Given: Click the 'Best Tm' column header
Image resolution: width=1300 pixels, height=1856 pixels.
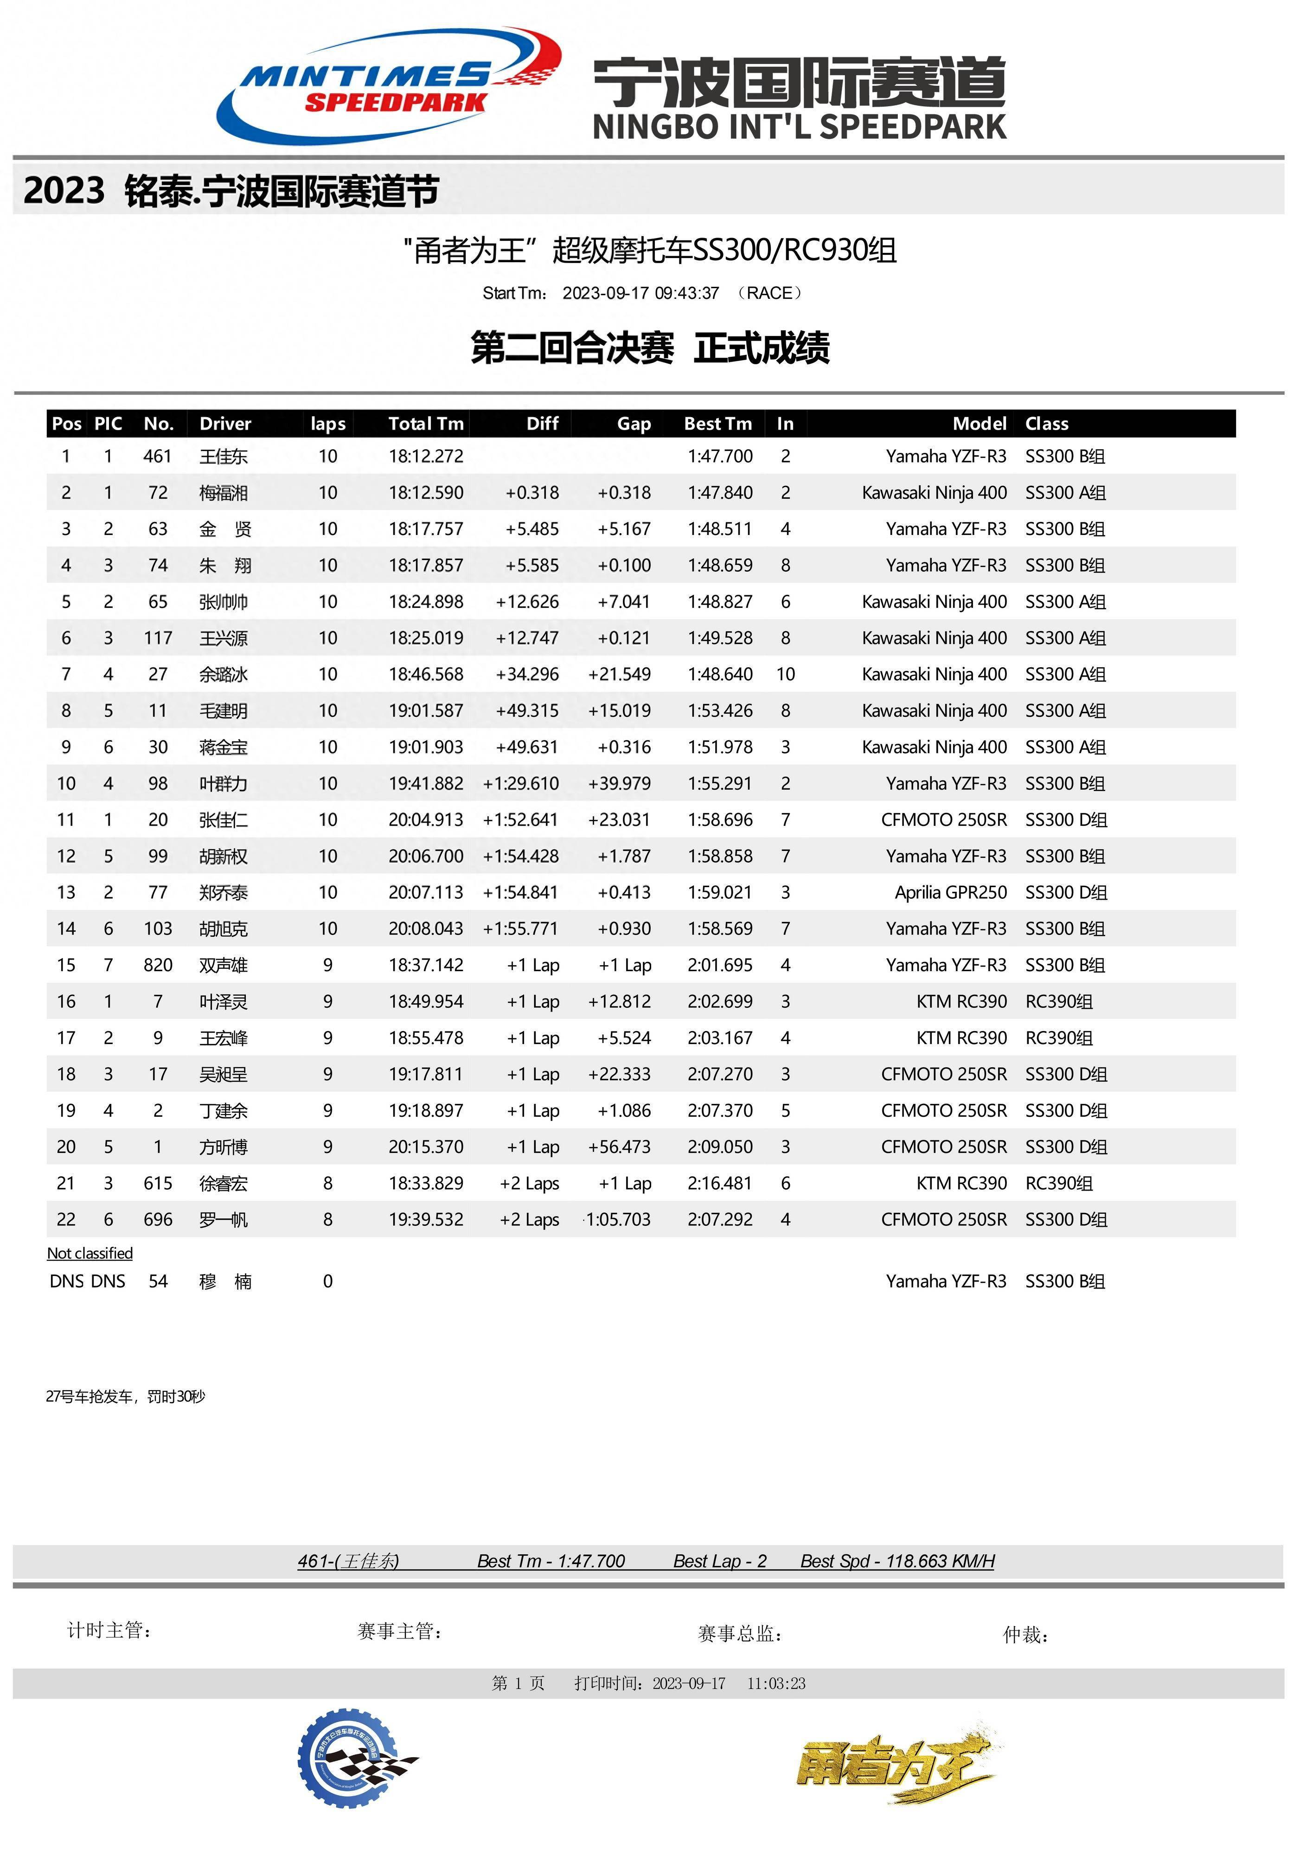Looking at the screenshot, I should pos(717,424).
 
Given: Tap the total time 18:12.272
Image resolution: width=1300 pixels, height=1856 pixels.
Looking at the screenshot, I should pos(426,457).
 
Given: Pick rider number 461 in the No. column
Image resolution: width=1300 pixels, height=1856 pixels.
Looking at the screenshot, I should pos(158,457).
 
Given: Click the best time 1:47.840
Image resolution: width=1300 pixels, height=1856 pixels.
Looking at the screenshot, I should pos(720,493).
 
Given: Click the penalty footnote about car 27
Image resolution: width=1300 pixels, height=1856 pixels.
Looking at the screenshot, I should pos(125,1397).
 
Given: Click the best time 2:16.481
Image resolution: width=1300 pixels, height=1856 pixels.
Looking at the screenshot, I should pos(720,1184).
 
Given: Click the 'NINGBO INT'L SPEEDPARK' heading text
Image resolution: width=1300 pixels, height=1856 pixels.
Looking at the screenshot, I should pos(799,127).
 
